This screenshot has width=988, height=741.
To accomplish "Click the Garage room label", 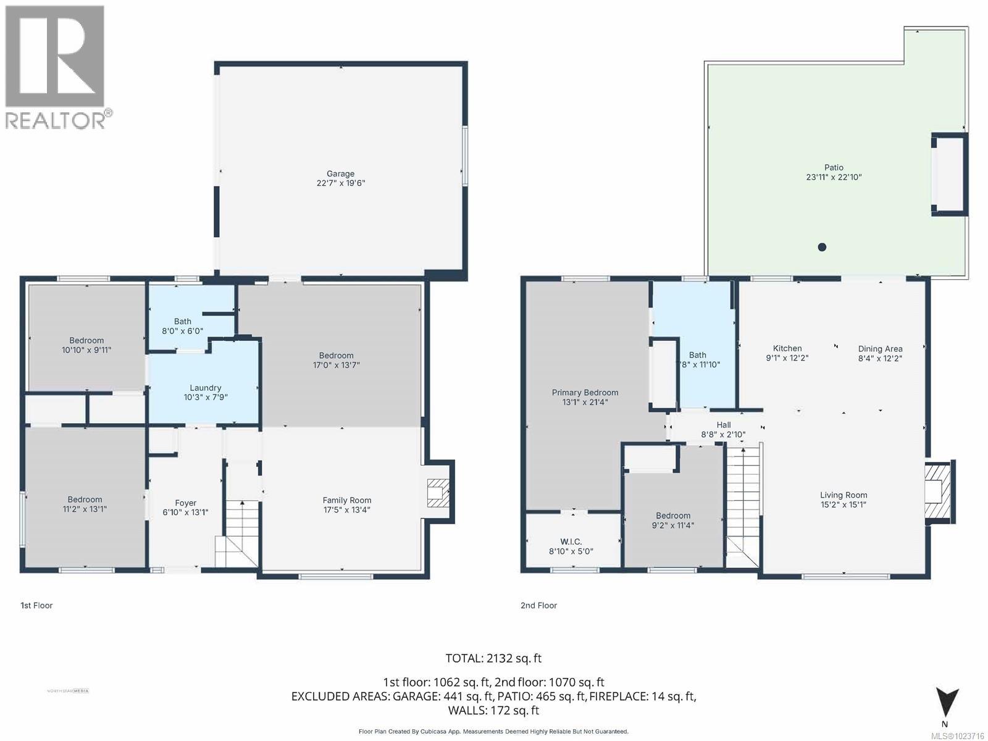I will pyautogui.click(x=340, y=174).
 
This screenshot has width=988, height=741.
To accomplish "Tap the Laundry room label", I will pyautogui.click(x=205, y=388).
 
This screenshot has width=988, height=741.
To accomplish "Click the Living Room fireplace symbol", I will pyautogui.click(x=934, y=492).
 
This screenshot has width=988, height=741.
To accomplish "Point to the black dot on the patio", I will pyautogui.click(x=822, y=247).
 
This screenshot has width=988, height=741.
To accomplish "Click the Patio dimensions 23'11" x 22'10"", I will pyautogui.click(x=834, y=177).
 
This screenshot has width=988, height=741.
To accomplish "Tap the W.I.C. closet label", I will pyautogui.click(x=571, y=542).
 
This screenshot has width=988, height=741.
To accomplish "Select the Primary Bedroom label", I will pyautogui.click(x=585, y=393).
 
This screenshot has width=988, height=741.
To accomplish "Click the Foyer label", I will pyautogui.click(x=185, y=503).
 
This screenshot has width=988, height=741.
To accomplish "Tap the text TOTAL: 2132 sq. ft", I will pyautogui.click(x=493, y=658).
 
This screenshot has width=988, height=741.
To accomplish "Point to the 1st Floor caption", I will pyautogui.click(x=36, y=605).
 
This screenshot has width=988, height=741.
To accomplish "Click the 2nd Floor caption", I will pyautogui.click(x=538, y=605).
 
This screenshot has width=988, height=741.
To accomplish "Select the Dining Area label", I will pyautogui.click(x=880, y=349).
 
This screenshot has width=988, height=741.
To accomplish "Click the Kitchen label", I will pyautogui.click(x=787, y=349).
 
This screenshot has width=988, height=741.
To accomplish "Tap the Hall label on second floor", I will pyautogui.click(x=724, y=425).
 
